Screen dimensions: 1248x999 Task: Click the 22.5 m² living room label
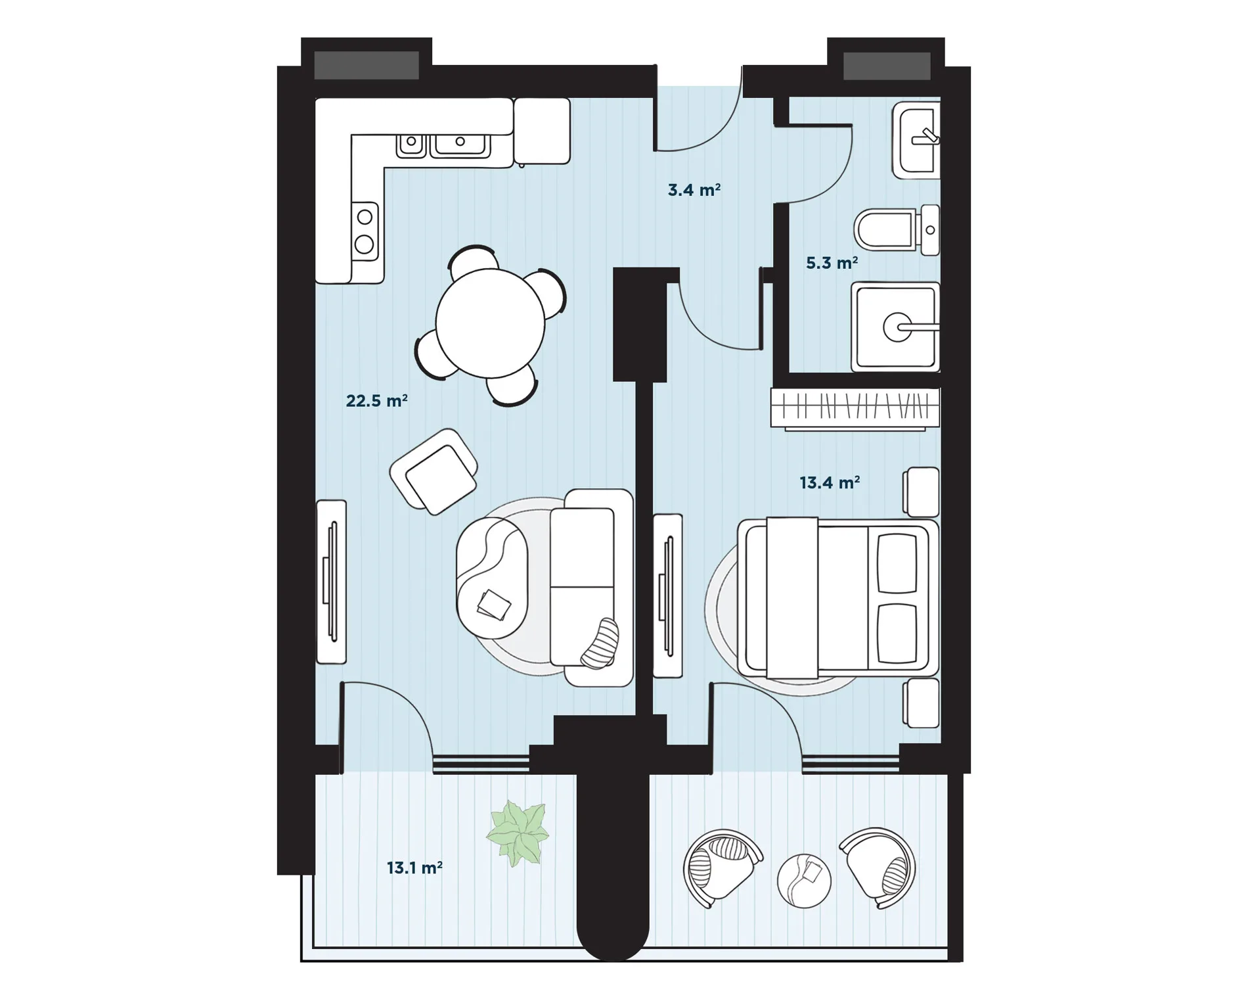376,400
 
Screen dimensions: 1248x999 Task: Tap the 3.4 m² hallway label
694,190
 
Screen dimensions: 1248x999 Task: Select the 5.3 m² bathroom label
832,263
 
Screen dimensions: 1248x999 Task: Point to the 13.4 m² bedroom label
830,482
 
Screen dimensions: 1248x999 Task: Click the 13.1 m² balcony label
414,868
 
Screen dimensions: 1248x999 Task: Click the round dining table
490,323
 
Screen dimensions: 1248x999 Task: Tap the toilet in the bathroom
897,229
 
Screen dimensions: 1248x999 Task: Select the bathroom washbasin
916,140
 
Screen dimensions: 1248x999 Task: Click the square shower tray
895,327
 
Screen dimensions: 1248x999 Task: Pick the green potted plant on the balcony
518,833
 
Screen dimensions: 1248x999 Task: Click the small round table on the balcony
804,881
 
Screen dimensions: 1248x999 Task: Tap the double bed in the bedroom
837,597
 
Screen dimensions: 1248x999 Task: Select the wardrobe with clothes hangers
855,409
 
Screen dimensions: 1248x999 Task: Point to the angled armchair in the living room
434,471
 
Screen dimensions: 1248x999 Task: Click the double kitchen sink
443,145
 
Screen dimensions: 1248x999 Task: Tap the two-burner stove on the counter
365,231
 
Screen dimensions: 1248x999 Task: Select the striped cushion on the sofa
600,643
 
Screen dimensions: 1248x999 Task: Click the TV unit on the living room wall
331,582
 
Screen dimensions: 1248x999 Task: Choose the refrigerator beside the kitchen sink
542,131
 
